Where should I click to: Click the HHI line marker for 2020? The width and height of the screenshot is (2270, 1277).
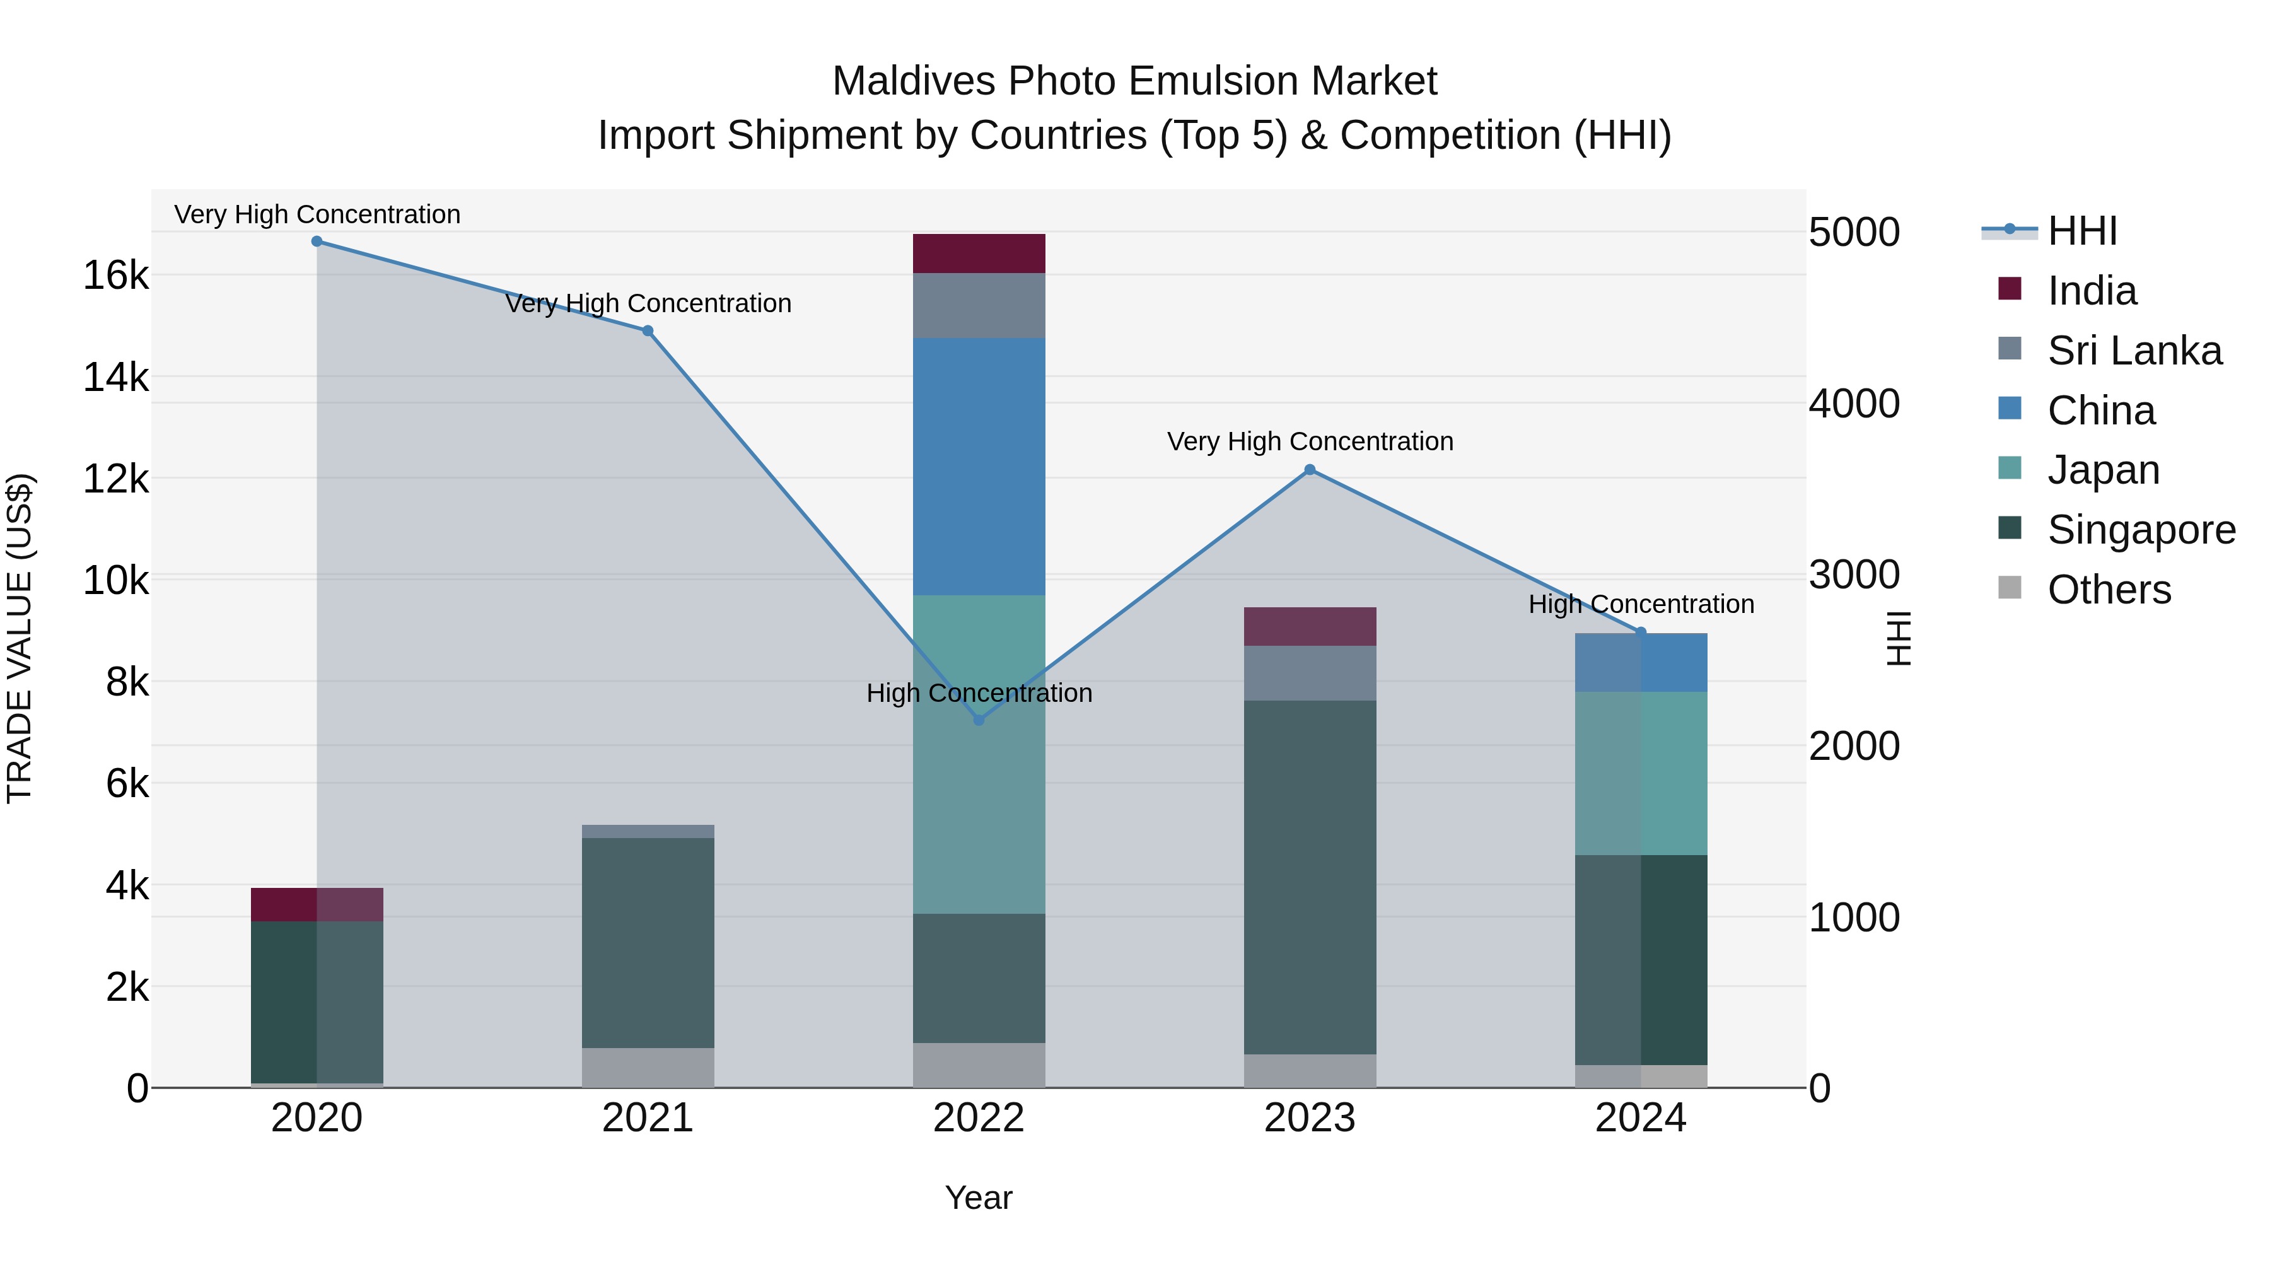coord(317,242)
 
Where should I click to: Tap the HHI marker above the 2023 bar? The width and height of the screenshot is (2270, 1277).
coord(1310,470)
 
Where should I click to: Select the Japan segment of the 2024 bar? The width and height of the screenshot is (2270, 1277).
coord(1641,773)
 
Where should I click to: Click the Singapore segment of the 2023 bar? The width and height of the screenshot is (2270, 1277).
coord(1310,877)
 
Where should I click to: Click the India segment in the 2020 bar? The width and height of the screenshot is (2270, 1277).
coord(317,904)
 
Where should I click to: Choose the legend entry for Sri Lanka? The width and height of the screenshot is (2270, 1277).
coord(2133,351)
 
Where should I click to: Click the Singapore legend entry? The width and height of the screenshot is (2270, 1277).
coord(2141,530)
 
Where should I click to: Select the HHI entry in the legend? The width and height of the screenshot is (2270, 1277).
coord(2081,231)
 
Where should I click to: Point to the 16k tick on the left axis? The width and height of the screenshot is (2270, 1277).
coord(115,276)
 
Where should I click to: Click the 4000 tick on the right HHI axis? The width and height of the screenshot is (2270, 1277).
coord(1854,404)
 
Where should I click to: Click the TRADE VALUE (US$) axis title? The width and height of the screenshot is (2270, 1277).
coord(20,638)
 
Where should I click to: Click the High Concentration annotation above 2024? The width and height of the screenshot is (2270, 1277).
coord(1641,605)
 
